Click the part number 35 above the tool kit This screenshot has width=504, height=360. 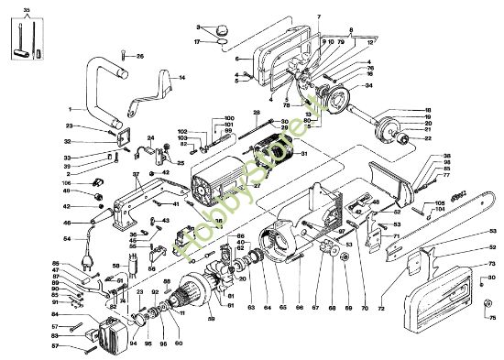[x=26, y=8]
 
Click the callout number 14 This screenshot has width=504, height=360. [x=181, y=78]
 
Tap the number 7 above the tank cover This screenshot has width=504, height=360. [x=318, y=17]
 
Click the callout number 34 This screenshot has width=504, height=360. [x=369, y=87]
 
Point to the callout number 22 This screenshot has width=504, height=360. [x=428, y=138]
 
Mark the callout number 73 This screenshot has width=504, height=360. [x=491, y=263]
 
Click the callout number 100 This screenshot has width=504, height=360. [x=229, y=118]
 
